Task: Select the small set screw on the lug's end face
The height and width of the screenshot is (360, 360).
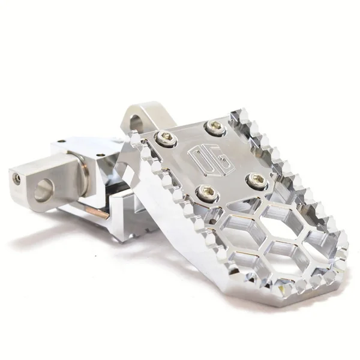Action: point(18,178)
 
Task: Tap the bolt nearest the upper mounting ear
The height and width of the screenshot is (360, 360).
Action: point(165,139)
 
